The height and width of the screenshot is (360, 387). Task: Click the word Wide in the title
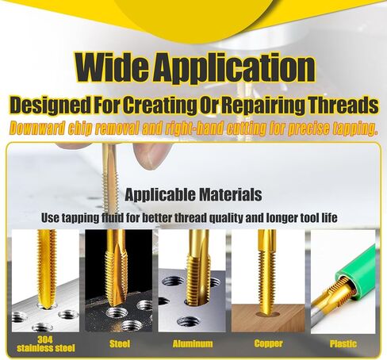point(112,67)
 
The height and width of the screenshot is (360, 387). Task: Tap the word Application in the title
point(234,68)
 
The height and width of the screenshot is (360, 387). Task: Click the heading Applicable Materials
point(193,195)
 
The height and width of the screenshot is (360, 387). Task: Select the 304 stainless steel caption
point(46,343)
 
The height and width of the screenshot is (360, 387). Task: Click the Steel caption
point(120,343)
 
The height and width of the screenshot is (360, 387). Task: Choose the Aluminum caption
point(193,343)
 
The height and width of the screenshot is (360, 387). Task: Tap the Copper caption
point(268,343)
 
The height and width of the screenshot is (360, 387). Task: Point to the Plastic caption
point(343,343)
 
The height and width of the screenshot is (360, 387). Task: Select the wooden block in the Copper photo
point(268,318)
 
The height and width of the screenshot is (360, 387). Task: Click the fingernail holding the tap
point(153,159)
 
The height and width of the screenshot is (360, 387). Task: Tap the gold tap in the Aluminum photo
point(198,267)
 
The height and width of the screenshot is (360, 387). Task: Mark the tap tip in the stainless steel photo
point(47,307)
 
